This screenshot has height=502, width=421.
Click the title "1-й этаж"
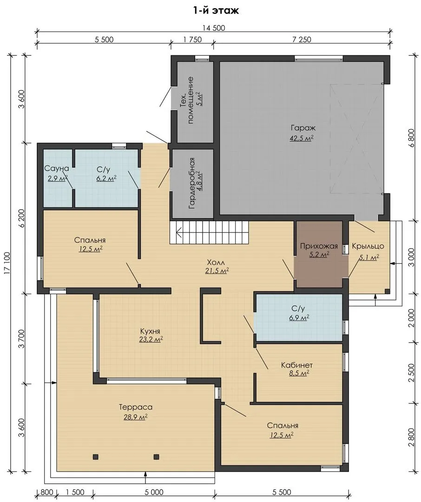pos(216,11)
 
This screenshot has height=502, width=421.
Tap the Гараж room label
pos(303,128)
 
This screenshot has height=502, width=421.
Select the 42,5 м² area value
pos(301,139)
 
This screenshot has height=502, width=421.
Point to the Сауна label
pos(57,168)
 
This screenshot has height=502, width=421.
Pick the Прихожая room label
pos(319,246)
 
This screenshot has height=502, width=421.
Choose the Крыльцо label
pos(368,246)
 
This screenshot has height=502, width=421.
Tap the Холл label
pos(217,261)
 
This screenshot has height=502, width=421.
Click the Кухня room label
pos(150,331)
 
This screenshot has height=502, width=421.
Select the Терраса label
pos(135,407)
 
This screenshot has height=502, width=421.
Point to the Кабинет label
pos(297,365)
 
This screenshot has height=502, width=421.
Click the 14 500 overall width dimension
pos(214,28)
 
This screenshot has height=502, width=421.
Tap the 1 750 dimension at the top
pos(192,40)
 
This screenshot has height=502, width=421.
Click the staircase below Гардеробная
pos(209,232)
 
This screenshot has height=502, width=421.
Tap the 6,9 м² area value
pos(299,317)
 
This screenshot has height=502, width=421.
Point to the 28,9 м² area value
pos(135,417)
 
